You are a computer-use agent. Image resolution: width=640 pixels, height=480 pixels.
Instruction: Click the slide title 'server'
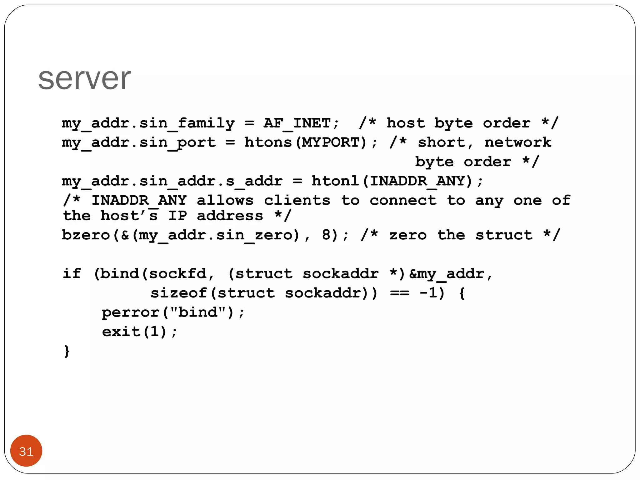(84, 78)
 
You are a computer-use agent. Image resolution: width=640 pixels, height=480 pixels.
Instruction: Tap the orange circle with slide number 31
(26, 451)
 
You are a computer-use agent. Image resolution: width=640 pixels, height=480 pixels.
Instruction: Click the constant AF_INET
(297, 123)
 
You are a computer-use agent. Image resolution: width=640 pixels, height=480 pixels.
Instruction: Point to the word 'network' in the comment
(518, 142)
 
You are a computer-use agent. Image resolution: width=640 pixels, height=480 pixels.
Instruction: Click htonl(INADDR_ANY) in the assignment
(392, 181)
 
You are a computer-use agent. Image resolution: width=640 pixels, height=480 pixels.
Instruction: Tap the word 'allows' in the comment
(225, 200)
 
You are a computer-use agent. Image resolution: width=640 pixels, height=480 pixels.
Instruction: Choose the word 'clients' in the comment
(297, 200)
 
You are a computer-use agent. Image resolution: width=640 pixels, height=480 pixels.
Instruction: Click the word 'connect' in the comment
(403, 200)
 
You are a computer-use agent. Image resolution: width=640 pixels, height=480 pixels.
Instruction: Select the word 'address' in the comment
(230, 216)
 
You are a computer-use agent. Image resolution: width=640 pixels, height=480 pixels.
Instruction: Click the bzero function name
(86, 235)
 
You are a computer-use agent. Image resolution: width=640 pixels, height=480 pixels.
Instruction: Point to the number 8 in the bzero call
(326, 235)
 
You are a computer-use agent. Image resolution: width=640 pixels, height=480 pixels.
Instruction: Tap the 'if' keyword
(72, 273)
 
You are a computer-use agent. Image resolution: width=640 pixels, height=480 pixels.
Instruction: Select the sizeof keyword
(178, 293)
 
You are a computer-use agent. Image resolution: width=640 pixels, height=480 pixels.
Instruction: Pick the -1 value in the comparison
(428, 293)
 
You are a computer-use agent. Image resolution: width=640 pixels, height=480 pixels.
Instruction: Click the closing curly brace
(67, 351)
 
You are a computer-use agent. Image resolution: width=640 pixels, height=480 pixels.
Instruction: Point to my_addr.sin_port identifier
(139, 142)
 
